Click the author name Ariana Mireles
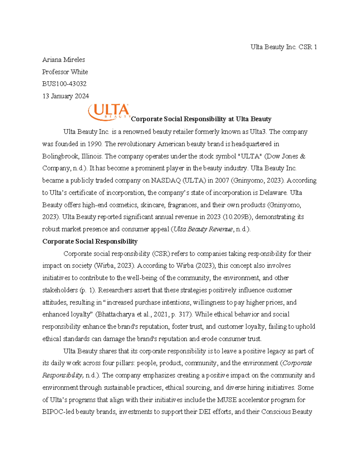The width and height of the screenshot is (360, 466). [64, 60]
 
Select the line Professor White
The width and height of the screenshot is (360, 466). [65, 72]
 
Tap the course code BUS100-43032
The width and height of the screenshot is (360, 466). [64, 84]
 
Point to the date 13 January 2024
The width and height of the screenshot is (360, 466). [66, 96]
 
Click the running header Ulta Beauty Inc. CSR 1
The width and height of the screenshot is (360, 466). [283, 47]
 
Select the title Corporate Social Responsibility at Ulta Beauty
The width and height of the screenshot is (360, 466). [201, 119]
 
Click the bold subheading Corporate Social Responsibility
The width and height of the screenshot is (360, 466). [90, 242]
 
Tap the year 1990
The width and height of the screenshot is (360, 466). [94, 144]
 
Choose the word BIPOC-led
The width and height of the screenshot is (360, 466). [58, 412]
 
